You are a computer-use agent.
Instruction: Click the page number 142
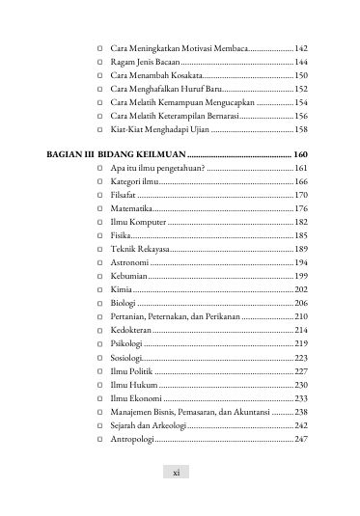coord(300,47)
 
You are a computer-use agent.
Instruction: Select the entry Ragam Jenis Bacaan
coord(146,61)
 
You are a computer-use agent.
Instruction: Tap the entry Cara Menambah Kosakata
coord(155,74)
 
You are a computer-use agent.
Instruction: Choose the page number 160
coord(300,154)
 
